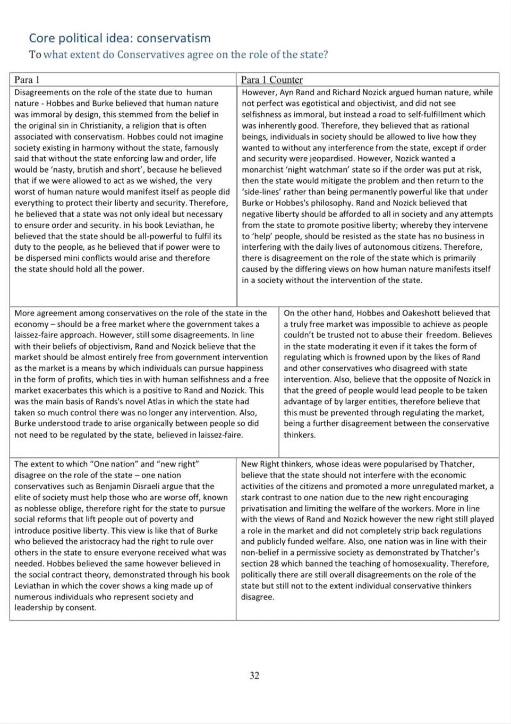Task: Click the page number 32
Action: pos(254,675)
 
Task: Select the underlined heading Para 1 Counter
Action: pos(271,80)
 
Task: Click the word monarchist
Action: pos(263,170)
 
